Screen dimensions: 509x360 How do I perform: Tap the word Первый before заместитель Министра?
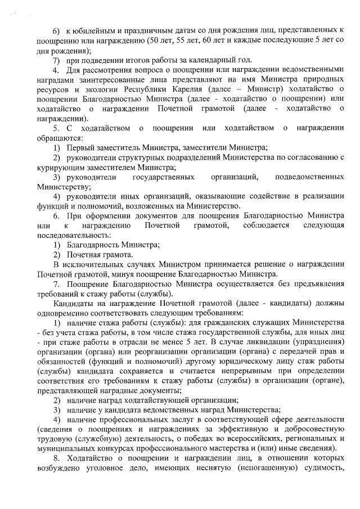(80, 147)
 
